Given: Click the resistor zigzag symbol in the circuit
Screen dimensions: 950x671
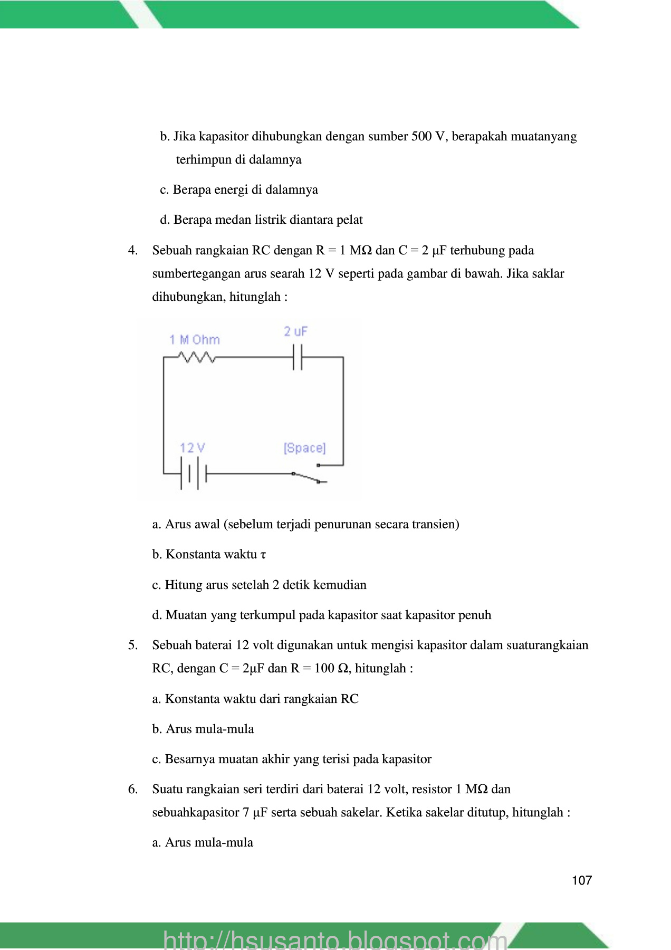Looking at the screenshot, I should coord(197,357).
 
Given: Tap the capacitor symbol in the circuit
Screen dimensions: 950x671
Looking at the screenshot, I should coord(298,357).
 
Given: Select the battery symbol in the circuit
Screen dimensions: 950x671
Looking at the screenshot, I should coord(193,473).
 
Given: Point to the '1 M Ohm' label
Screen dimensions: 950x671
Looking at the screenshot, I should coord(194,340).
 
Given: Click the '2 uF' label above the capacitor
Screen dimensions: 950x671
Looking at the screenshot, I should coord(295,331).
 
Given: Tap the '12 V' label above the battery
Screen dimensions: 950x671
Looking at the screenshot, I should coord(192,448).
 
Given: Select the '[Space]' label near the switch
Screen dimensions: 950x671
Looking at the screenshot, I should coord(305,448).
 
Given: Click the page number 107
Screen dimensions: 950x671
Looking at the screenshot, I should coord(581,880).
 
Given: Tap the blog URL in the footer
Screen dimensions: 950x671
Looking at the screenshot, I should coord(335,939).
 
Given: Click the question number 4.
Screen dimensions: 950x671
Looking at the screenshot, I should coord(133,250).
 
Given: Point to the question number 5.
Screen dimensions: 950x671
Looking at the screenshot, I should coord(133,645).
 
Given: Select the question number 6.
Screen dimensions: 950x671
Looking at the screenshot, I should coord(133,789).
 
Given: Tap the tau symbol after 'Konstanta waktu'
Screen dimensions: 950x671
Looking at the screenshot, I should coord(263,555).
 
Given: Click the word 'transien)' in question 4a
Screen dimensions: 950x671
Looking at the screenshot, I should coord(436,524).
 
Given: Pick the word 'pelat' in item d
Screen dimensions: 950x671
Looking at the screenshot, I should coord(349,220).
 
